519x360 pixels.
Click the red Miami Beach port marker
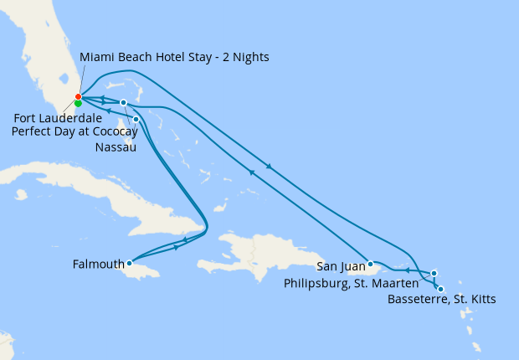pyautogui.click(x=78, y=97)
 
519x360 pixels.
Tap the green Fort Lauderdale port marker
pyautogui.click(x=78, y=104)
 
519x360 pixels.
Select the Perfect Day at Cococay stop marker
pyautogui.click(x=123, y=103)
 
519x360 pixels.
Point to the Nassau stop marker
pyautogui.click(x=136, y=119)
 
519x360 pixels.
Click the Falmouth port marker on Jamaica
pyautogui.click(x=129, y=263)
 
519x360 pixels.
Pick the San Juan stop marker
pyautogui.click(x=370, y=263)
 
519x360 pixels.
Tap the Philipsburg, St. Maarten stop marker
pyautogui.click(x=434, y=272)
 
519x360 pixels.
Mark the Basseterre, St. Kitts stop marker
pyautogui.click(x=441, y=289)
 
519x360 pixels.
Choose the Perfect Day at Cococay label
pyautogui.click(x=75, y=131)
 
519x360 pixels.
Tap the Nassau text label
pyautogui.click(x=116, y=148)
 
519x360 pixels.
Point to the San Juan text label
pyautogui.click(x=340, y=267)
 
